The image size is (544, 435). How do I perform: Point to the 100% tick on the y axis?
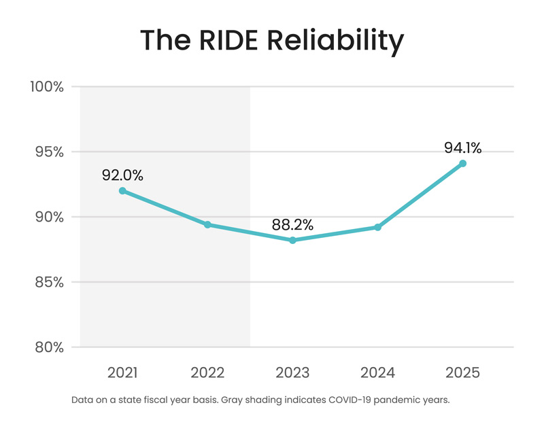pyautogui.click(x=46, y=87)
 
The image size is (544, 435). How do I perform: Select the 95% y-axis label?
pyautogui.click(x=47, y=152)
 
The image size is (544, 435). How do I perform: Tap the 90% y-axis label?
pyautogui.click(x=47, y=217)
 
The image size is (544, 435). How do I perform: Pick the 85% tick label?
pyautogui.click(x=47, y=282)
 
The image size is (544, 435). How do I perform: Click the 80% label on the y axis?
pyautogui.click(x=47, y=347)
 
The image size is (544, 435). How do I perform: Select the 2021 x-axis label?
pyautogui.click(x=122, y=373)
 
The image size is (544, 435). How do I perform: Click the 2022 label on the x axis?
pyautogui.click(x=207, y=373)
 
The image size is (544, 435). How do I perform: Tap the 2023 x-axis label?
pyautogui.click(x=292, y=373)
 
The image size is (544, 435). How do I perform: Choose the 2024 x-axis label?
pyautogui.click(x=377, y=373)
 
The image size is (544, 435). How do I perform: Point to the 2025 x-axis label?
pyautogui.click(x=462, y=373)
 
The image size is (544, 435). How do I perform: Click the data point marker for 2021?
pyautogui.click(x=122, y=191)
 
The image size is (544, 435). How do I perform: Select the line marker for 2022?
pyautogui.click(x=207, y=225)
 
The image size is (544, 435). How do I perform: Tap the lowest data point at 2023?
pyautogui.click(x=292, y=241)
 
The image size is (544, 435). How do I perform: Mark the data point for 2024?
pyautogui.click(x=377, y=227)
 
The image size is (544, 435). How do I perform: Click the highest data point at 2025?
pyautogui.click(x=462, y=164)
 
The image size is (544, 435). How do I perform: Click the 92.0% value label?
pyautogui.click(x=122, y=175)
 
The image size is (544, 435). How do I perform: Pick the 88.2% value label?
pyautogui.click(x=292, y=224)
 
